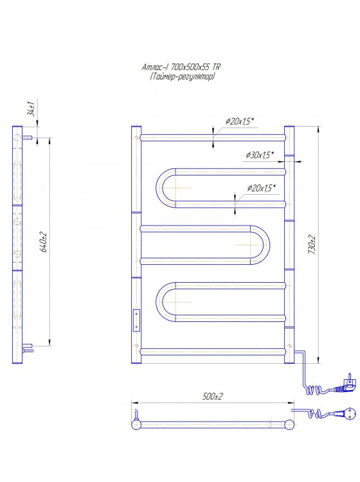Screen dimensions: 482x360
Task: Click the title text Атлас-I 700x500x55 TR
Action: (x=179, y=67)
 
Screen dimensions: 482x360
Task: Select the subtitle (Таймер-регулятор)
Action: (x=179, y=76)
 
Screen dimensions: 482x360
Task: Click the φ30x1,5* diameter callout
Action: (x=260, y=154)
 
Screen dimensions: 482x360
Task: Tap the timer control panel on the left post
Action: (x=136, y=319)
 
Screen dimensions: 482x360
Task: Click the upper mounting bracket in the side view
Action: (x=28, y=136)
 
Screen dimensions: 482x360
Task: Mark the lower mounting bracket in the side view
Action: (x=28, y=348)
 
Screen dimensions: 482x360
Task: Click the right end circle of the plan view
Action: (x=290, y=424)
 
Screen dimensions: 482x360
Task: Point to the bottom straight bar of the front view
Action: (x=212, y=350)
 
